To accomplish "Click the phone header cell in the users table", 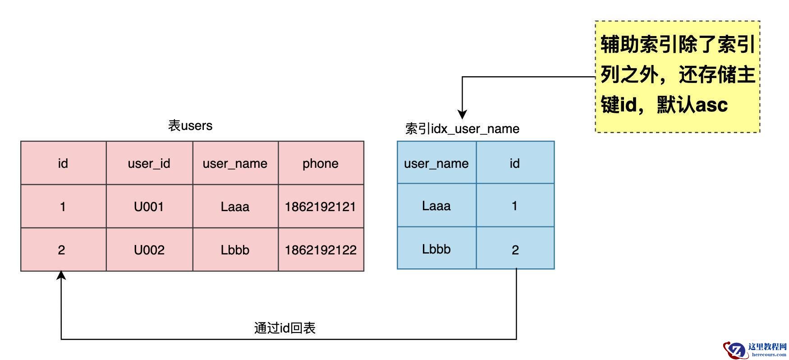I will pyautogui.click(x=321, y=163).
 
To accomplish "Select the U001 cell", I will pyautogui.click(x=149, y=207).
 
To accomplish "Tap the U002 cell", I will pyautogui.click(x=149, y=250).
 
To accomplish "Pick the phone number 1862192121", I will pyautogui.click(x=321, y=207).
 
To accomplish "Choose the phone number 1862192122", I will pyautogui.click(x=321, y=250).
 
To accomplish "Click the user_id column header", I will pyautogui.click(x=149, y=163).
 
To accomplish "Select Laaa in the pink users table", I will pyautogui.click(x=235, y=207).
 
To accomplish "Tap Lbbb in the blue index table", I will pyautogui.click(x=436, y=249).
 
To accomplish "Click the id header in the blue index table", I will pyautogui.click(x=515, y=163).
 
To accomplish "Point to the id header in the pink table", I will pyautogui.click(x=63, y=163).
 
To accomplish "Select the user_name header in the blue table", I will pyautogui.click(x=436, y=163).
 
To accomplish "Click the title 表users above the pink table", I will pyautogui.click(x=190, y=125).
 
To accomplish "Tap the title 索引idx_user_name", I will pyautogui.click(x=462, y=129).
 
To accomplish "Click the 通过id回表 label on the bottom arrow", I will pyautogui.click(x=284, y=328).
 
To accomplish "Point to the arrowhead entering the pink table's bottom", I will pyautogui.click(x=61, y=275).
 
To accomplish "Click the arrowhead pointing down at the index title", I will pyautogui.click(x=462, y=114).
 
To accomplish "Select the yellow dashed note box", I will pyautogui.click(x=677, y=77).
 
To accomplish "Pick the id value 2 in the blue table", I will pyautogui.click(x=515, y=250).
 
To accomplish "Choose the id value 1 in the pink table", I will pyautogui.click(x=63, y=207).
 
